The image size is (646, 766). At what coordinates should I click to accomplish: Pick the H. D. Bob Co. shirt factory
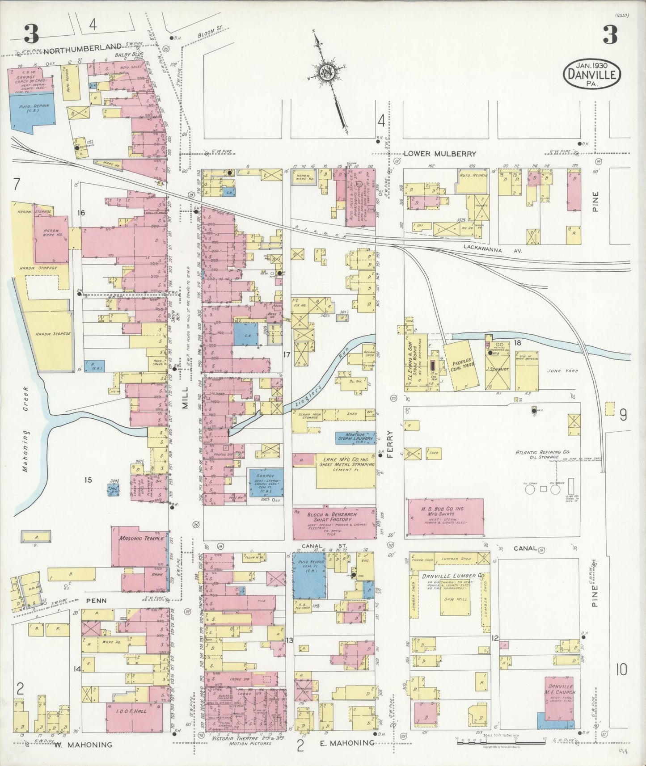coord(445,517)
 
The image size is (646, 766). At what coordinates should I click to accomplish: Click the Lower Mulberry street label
coord(440,153)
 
